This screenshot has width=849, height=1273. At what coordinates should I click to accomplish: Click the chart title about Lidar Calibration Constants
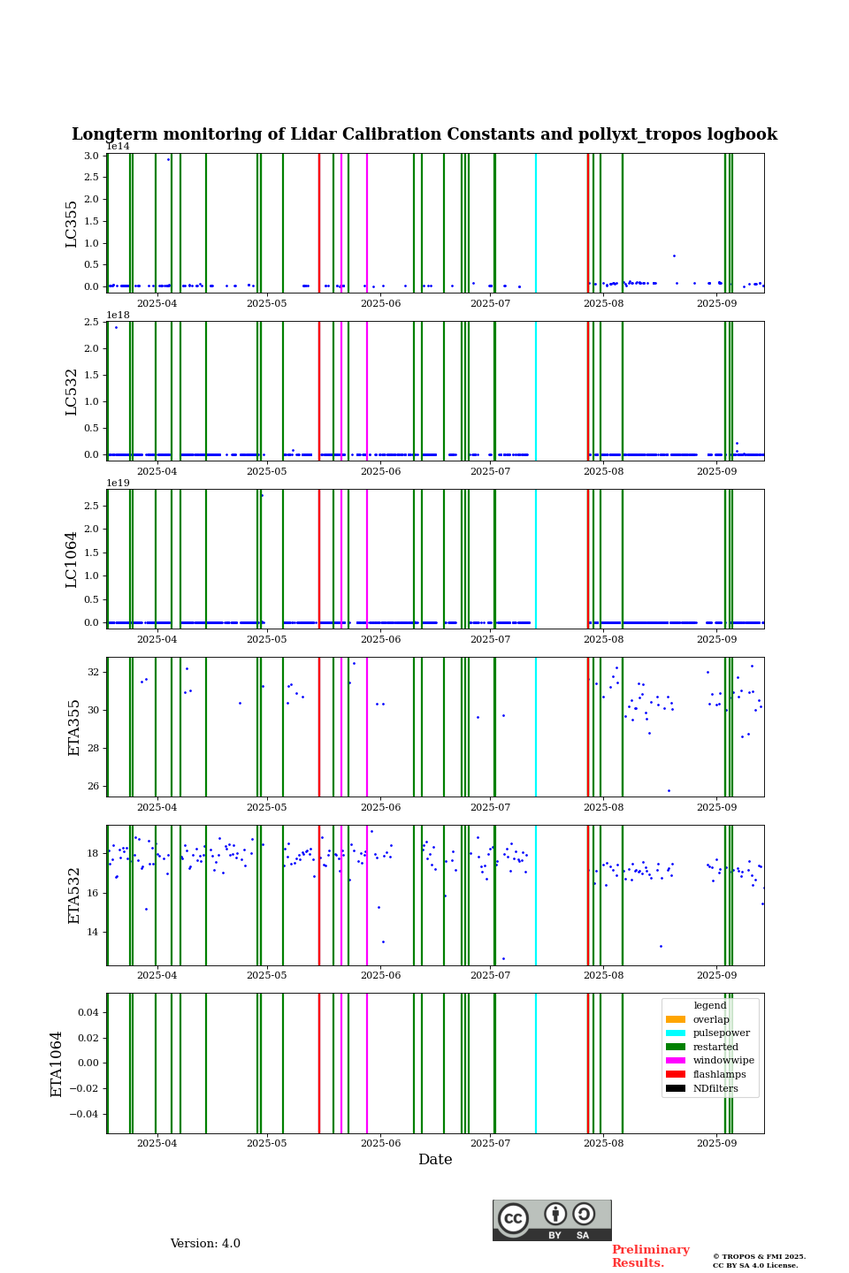click(424, 134)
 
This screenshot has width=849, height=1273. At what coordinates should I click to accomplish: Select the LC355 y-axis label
click(72, 224)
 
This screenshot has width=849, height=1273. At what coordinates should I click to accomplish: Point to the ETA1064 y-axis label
click(57, 1063)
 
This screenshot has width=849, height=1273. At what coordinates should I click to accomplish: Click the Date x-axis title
click(435, 1160)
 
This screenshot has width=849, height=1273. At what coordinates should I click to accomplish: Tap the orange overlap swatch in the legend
click(676, 1019)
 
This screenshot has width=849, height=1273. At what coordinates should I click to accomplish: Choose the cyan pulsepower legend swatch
click(676, 1033)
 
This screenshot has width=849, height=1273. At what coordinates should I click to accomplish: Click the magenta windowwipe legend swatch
click(676, 1061)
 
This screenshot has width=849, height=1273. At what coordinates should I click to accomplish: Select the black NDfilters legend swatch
click(676, 1088)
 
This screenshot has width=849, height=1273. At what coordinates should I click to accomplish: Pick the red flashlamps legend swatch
click(676, 1074)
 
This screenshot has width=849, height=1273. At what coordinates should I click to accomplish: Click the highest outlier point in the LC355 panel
click(168, 159)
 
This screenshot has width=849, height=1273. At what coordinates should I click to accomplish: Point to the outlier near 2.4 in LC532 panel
click(116, 327)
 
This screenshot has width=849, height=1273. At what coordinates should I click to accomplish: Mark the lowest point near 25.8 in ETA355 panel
click(669, 790)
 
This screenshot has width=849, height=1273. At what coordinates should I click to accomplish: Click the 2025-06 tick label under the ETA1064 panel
click(380, 1147)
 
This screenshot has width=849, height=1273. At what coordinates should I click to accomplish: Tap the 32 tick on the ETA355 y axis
click(94, 672)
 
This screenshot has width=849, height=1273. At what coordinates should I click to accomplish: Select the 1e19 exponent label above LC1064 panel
click(118, 483)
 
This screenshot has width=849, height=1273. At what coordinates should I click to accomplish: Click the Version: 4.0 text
click(205, 1244)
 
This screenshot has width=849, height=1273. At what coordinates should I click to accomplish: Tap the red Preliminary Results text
click(650, 1256)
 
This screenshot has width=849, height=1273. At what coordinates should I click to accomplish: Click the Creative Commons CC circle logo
click(513, 1218)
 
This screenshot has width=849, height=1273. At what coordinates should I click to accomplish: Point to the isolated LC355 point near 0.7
click(674, 255)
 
